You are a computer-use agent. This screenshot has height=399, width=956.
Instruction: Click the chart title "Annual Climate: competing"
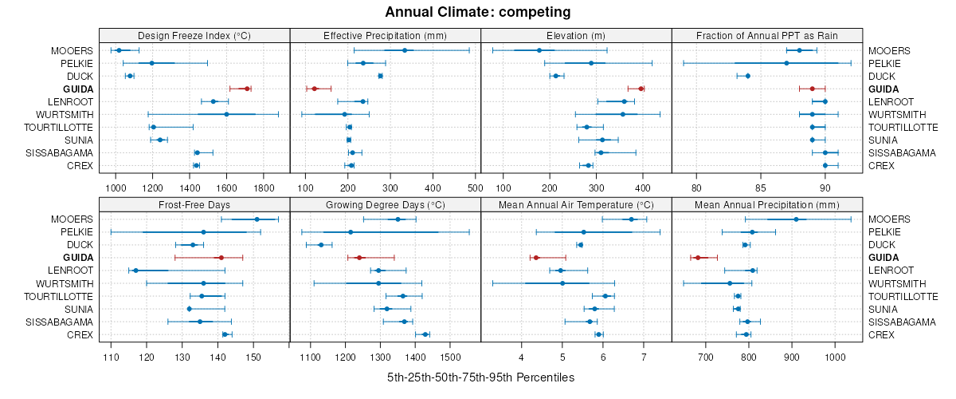pos(478,12)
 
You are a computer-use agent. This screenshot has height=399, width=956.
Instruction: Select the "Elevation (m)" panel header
pos(577,35)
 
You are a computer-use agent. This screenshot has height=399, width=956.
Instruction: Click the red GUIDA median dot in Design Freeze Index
pos(247,89)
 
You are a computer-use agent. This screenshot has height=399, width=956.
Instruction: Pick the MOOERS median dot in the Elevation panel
pos(540,50)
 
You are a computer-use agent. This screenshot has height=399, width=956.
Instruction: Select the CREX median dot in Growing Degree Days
pos(425,334)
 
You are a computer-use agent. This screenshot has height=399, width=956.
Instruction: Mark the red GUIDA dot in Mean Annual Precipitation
pos(698,258)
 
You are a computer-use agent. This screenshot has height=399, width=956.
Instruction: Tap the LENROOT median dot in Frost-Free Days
pos(135,271)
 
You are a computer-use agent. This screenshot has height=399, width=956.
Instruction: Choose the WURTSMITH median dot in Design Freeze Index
pos(227,114)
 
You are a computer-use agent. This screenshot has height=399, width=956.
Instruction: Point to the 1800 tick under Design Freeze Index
pos(264,188)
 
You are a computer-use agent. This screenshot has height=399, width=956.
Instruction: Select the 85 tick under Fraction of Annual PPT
pos(760,188)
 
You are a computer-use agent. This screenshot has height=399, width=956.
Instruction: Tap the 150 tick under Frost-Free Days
pos(253,356)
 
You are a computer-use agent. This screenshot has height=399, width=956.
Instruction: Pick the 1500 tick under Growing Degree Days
pos(450,356)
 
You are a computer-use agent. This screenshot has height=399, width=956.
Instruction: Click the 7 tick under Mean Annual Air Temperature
pos(643,356)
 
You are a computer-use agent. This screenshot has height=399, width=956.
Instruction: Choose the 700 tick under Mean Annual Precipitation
pos(705,356)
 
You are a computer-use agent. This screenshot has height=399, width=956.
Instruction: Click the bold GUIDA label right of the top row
pos(884,89)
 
